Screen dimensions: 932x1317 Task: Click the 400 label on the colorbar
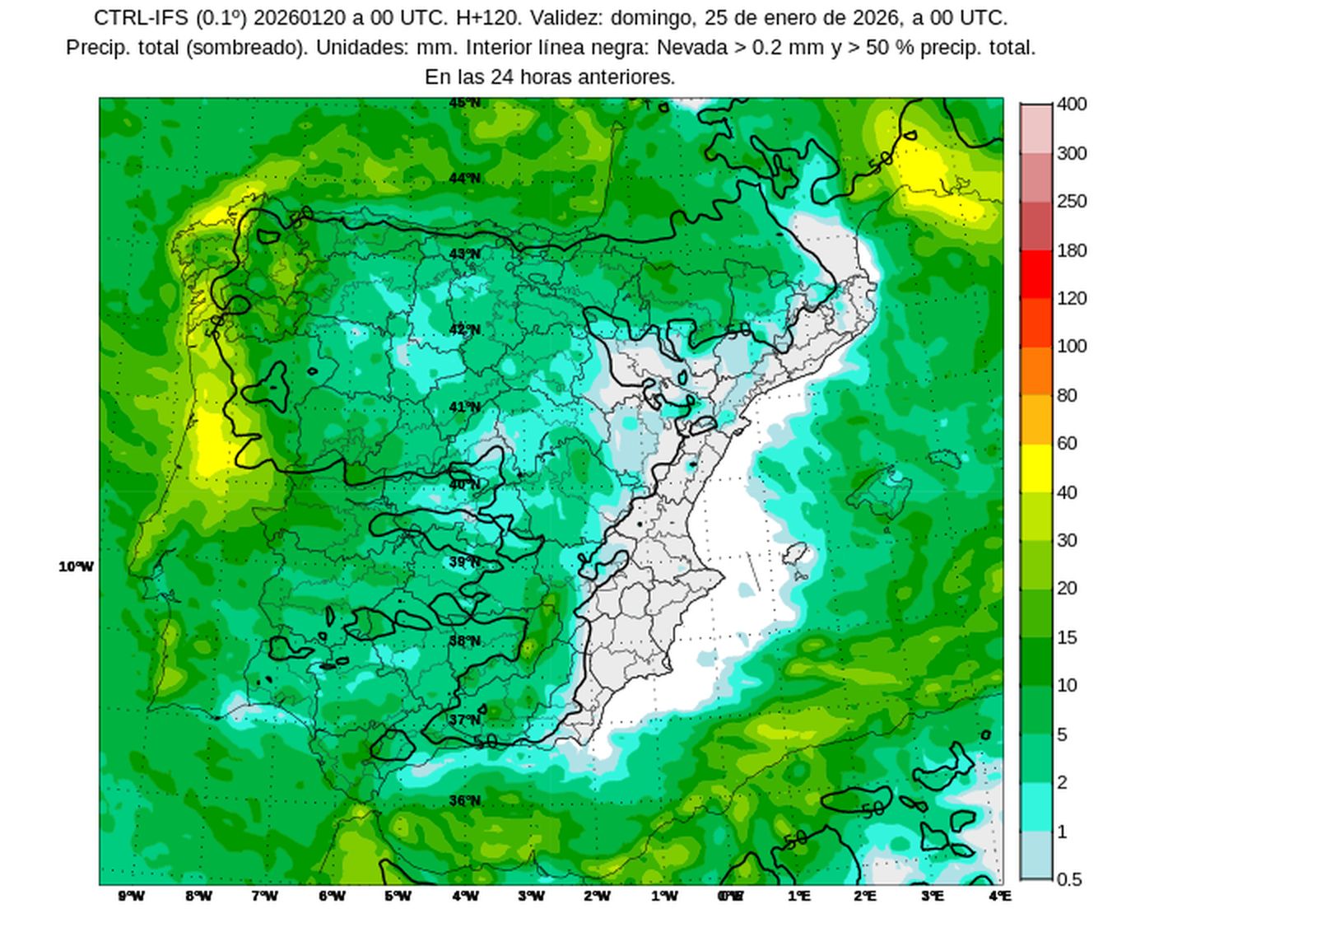coord(1072,105)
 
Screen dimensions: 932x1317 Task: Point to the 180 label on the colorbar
coord(1072,250)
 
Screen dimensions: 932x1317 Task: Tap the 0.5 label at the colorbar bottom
coord(1068,879)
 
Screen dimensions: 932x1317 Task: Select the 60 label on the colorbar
coord(1067,443)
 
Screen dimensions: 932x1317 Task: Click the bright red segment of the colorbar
coord(1036,274)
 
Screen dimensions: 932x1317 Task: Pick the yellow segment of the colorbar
coord(1036,468)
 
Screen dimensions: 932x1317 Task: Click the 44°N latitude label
coord(464,179)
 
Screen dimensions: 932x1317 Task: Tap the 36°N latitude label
coord(464,800)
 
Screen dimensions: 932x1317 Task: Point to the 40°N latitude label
coord(464,485)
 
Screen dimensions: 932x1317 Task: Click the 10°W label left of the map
coord(76,566)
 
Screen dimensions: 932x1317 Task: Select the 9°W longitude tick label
coord(131,896)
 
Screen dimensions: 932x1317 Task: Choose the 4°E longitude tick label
coord(999,896)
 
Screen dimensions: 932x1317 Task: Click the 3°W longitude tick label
coord(531,896)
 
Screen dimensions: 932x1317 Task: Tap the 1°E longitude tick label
coord(798,896)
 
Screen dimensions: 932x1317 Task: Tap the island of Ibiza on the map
coord(795,553)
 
